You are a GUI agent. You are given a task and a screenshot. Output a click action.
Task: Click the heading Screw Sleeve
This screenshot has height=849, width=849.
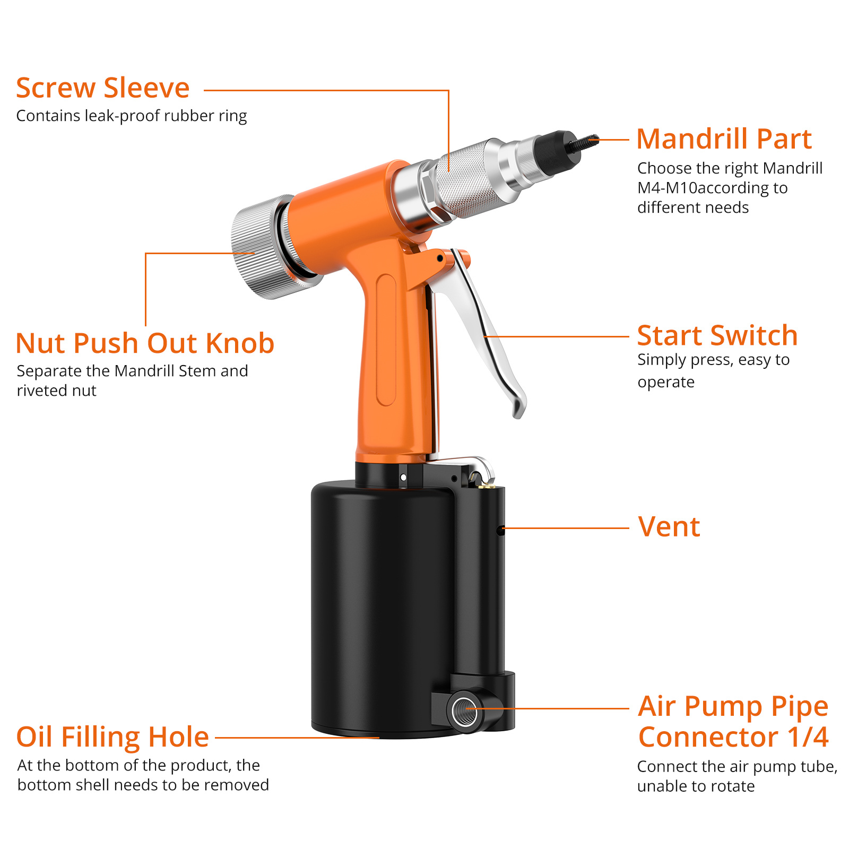click(102, 88)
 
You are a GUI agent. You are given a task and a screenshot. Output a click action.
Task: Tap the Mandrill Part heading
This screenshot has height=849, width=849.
click(724, 139)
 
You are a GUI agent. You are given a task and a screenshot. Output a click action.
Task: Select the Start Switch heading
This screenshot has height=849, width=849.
click(717, 335)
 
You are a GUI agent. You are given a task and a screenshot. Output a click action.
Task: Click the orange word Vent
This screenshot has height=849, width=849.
click(669, 527)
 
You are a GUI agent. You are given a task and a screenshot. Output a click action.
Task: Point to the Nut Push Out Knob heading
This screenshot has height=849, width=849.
click(145, 343)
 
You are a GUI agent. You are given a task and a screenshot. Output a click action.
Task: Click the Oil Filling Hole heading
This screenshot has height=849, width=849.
click(112, 737)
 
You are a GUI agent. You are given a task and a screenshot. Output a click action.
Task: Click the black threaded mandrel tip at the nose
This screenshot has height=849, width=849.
click(584, 142)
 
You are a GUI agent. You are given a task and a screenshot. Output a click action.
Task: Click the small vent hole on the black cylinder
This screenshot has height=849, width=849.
click(500, 529)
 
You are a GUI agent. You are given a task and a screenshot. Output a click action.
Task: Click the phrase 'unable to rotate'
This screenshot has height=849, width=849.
click(696, 786)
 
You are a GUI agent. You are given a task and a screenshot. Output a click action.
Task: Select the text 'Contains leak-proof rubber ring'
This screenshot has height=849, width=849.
click(132, 116)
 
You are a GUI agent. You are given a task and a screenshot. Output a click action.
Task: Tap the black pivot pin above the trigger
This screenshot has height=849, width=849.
click(440, 258)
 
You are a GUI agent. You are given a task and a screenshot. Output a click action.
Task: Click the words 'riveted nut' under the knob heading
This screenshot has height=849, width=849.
click(56, 391)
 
